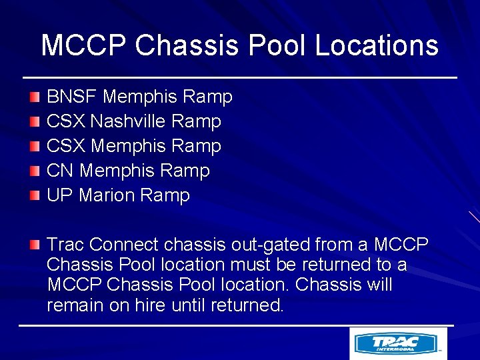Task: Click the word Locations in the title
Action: click(x=376, y=45)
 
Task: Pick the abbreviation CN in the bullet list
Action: click(x=60, y=171)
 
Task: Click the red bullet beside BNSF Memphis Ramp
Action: click(x=35, y=97)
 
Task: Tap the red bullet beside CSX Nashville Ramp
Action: click(x=35, y=122)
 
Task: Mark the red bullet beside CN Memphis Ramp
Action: click(x=35, y=171)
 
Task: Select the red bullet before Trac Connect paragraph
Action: click(x=35, y=245)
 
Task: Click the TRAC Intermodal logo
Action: click(x=398, y=344)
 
